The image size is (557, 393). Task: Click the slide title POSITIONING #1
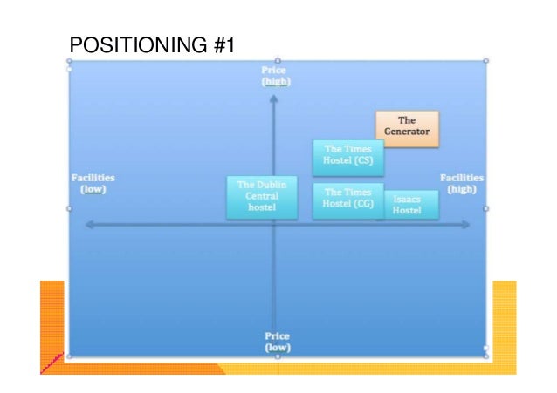[151, 44]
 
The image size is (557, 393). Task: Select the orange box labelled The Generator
[407, 128]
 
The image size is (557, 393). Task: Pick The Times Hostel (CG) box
[347, 200]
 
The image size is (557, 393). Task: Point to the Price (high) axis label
[275, 75]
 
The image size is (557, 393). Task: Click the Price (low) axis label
[277, 341]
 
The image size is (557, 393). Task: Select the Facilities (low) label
[93, 183]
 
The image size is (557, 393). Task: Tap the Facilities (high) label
[461, 182]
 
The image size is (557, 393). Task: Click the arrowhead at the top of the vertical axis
[274, 98]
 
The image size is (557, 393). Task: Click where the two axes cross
[274, 225]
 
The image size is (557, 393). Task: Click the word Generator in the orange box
[407, 132]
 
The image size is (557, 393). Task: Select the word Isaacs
[407, 200]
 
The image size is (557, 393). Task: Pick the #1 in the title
[223, 44]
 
